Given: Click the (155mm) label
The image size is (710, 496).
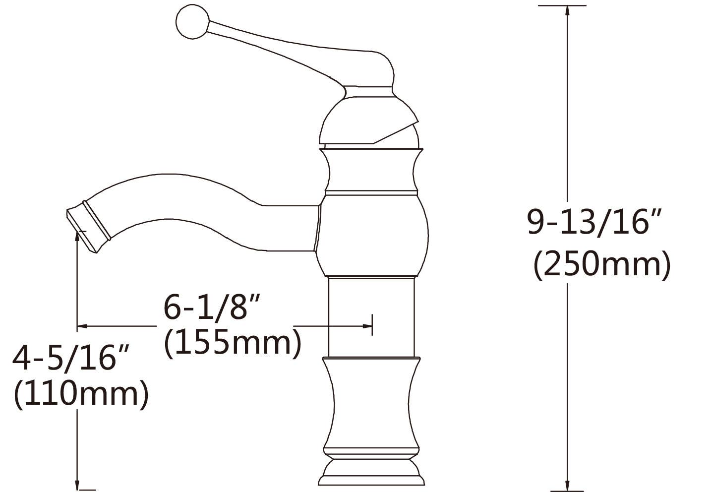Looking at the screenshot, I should point(233,343).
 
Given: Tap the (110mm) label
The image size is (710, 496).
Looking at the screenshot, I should point(81,394).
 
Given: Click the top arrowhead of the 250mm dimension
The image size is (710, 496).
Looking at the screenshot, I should point(567,12).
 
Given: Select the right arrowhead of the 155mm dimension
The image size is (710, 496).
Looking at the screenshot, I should point(367,326).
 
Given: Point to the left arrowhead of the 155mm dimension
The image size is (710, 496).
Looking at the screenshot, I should point(83,326).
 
